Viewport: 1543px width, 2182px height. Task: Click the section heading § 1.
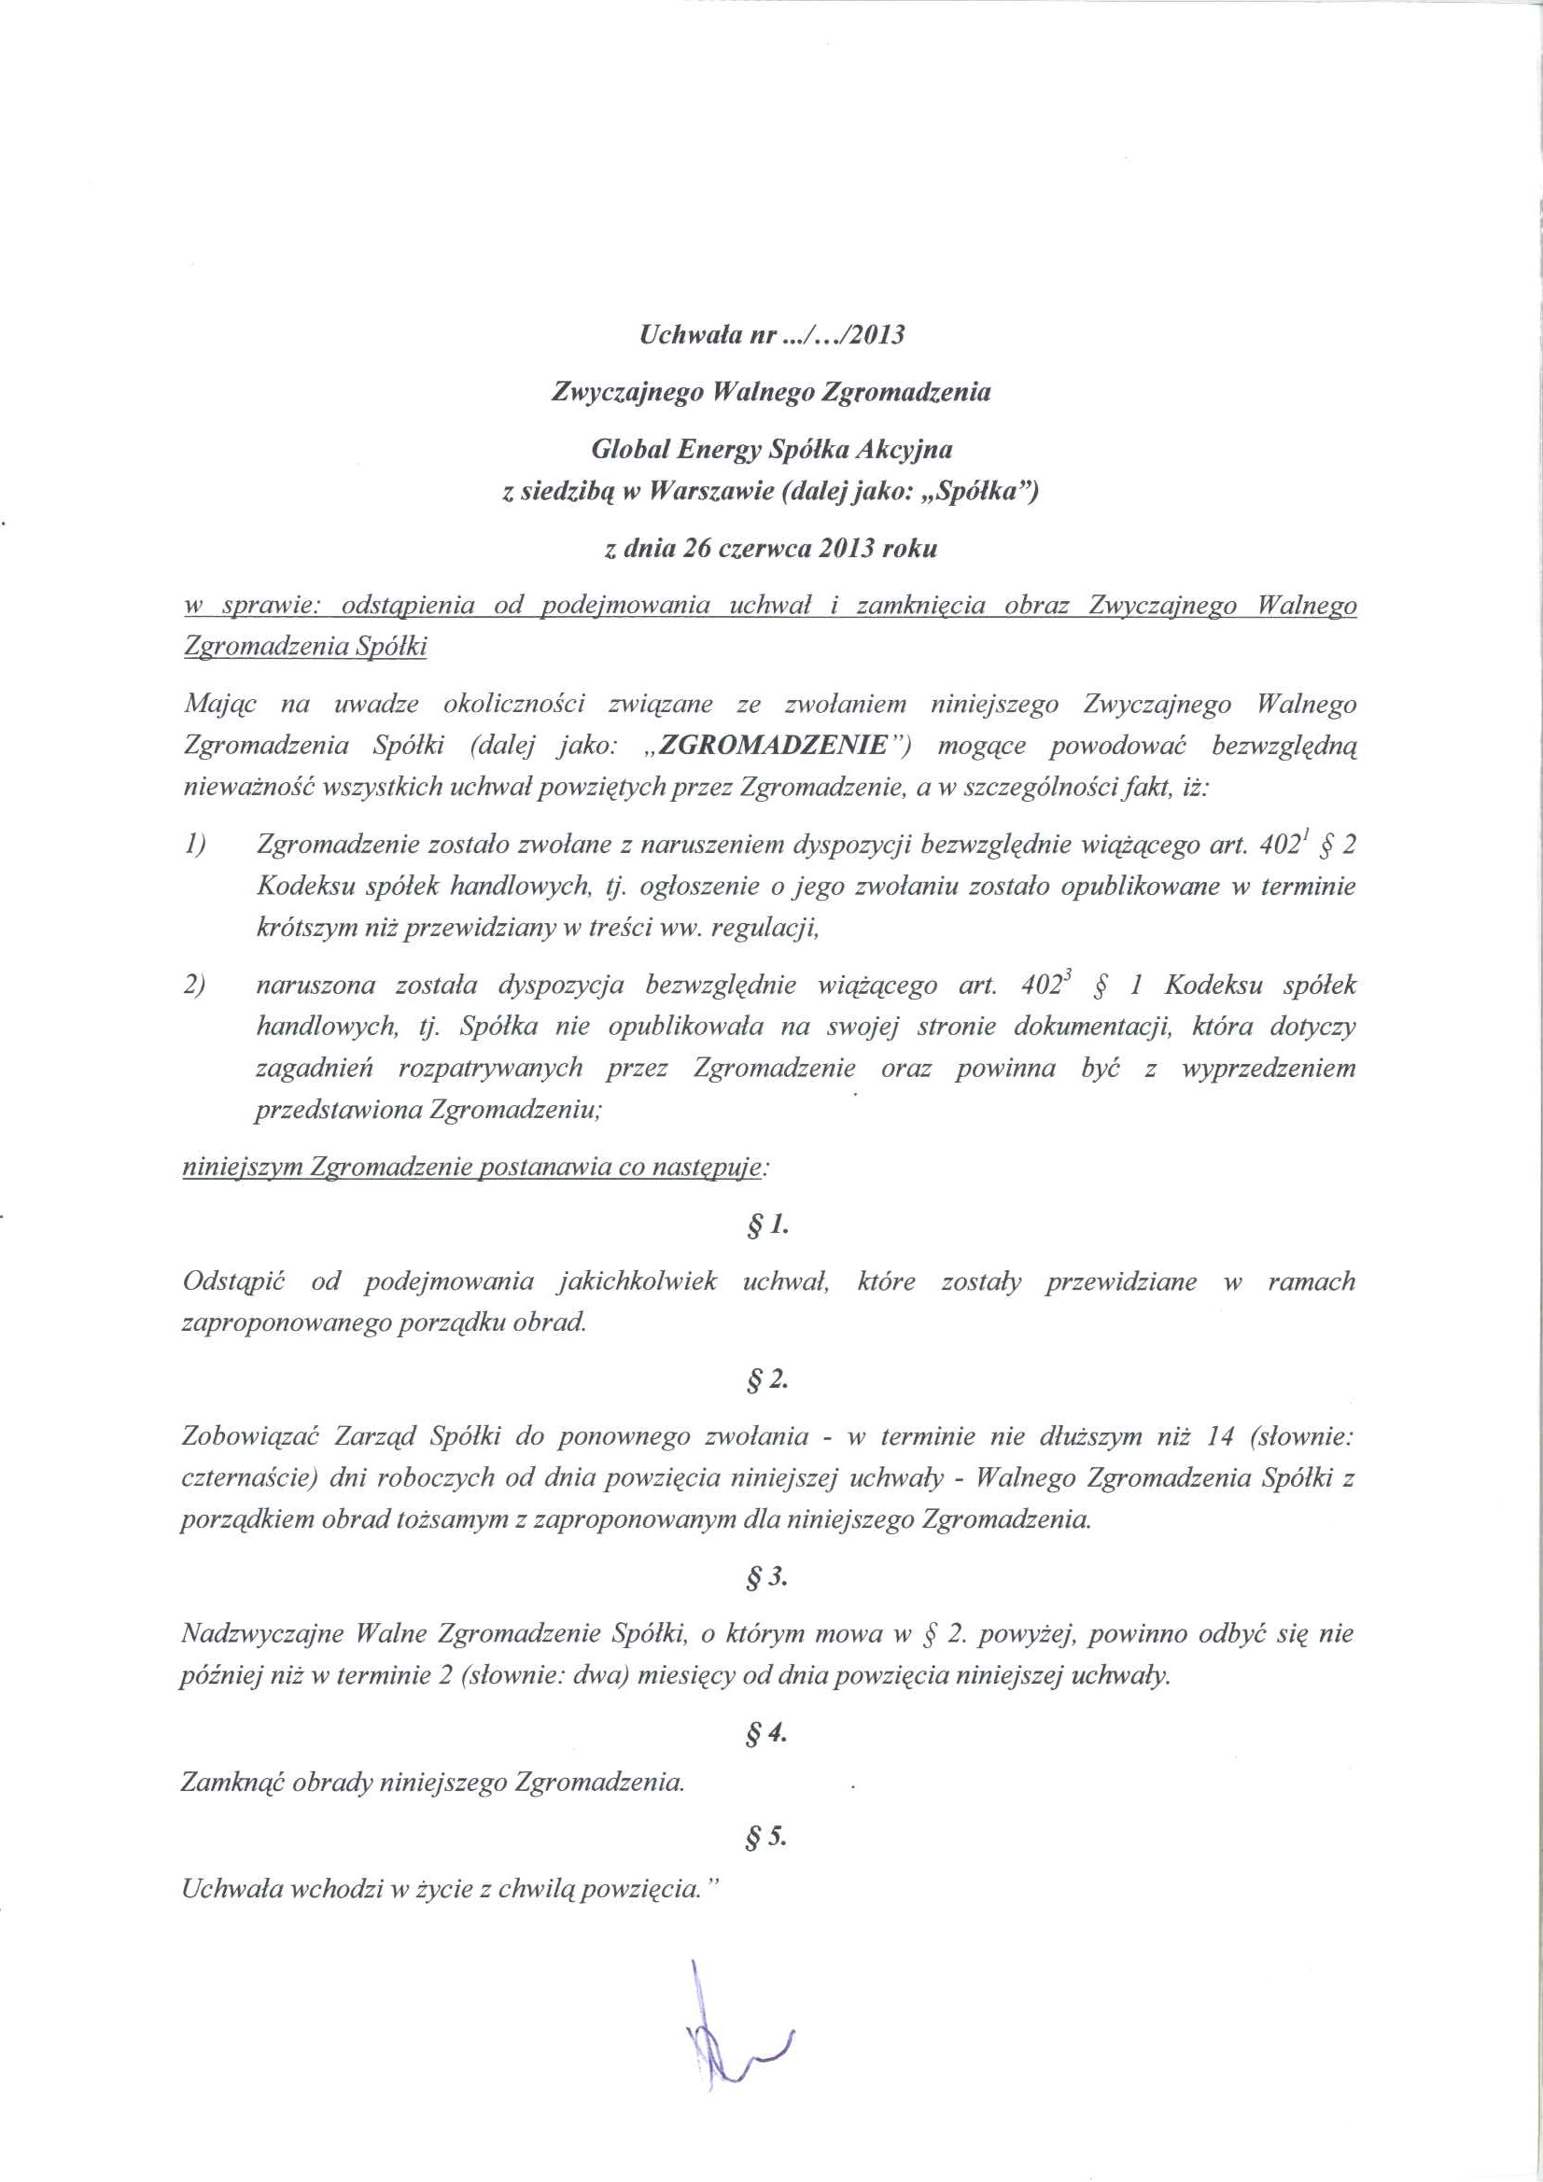pos(770,1226)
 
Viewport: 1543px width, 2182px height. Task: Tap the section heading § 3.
pos(770,1577)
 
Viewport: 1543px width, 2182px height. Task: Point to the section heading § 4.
pos(770,1733)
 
